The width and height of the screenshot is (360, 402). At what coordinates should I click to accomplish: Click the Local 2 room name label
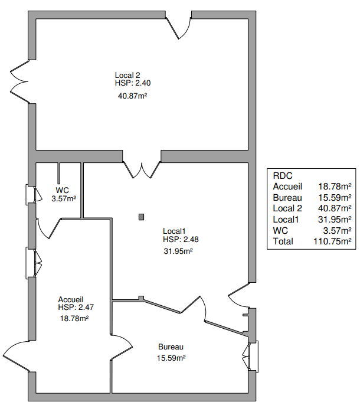tap(127, 75)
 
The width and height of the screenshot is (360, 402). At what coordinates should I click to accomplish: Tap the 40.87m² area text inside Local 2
tap(132, 96)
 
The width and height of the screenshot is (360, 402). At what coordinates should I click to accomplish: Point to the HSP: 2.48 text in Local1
tap(181, 239)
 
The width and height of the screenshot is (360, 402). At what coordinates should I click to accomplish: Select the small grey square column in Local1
tap(141, 217)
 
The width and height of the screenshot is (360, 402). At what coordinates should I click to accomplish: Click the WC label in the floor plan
tap(63, 190)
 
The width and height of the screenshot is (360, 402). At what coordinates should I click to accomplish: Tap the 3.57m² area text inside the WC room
tap(64, 199)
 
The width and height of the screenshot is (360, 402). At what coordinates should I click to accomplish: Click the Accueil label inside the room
tap(71, 299)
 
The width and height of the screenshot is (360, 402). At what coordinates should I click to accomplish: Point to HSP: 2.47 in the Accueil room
tap(76, 307)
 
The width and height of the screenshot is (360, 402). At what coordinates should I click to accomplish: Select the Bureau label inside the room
tap(171, 347)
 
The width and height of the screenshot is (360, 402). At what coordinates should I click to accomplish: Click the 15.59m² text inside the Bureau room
tap(171, 358)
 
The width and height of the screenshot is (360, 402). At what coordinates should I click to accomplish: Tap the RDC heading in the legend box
tap(283, 176)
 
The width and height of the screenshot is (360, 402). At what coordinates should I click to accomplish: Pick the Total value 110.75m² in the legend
tap(332, 241)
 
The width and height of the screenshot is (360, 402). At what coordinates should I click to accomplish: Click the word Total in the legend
tap(283, 241)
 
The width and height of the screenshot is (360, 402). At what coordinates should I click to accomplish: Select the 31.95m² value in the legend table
tap(335, 220)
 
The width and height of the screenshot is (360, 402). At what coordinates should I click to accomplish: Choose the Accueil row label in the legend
tap(287, 187)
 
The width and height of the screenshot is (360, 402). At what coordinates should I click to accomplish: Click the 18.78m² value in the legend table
tap(335, 187)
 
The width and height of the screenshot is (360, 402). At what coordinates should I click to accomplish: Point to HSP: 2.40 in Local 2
tap(133, 83)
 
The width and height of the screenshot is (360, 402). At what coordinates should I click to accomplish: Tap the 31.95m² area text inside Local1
tap(178, 251)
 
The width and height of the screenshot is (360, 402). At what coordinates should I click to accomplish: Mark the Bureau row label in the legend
tap(287, 198)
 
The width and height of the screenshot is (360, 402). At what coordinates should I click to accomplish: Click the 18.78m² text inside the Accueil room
tap(74, 318)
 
